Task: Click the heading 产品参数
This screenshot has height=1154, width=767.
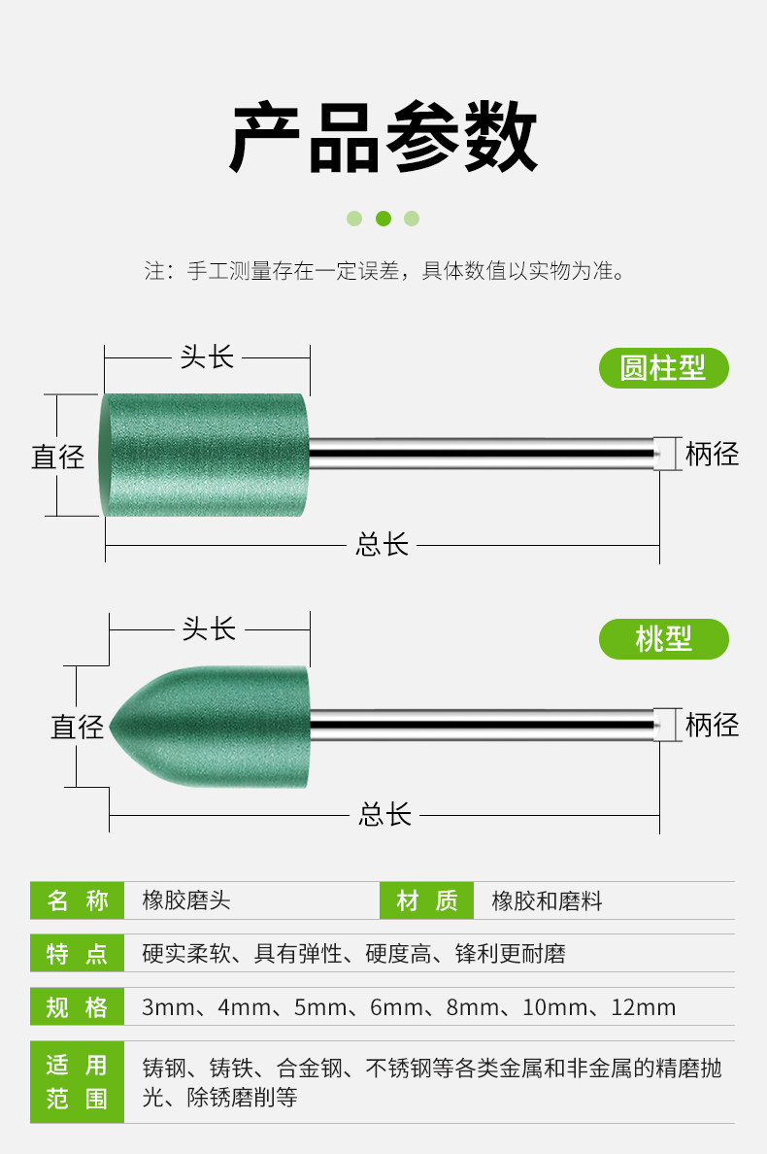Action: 383,138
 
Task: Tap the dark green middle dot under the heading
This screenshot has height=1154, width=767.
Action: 383,219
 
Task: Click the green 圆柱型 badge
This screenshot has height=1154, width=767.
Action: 663,368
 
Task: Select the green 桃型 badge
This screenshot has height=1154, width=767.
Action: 663,638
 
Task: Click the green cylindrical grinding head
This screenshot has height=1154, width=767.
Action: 204,455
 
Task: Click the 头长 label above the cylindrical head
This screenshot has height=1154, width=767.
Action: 207,357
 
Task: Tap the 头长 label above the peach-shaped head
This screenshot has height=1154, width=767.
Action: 209,628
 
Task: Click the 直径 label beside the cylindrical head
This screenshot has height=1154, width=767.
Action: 58,457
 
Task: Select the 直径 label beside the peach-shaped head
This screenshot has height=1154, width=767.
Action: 78,726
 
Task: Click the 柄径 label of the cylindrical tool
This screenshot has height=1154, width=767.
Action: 712,454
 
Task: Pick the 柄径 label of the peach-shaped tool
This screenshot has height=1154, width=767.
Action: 712,725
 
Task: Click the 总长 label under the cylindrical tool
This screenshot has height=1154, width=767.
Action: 383,544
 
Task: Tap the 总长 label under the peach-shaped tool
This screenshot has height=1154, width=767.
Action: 384,814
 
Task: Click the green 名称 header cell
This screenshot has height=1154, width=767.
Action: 77,900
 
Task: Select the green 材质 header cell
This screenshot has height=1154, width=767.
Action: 426,900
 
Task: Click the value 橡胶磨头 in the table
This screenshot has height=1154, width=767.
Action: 186,900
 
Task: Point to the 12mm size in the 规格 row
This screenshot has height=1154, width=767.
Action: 643,1007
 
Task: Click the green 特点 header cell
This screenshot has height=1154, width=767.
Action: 77,954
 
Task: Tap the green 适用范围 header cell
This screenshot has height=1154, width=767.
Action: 77,1081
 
